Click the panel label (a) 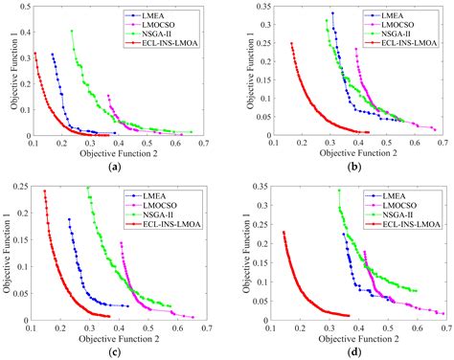[x=114, y=166]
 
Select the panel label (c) [x=114, y=351]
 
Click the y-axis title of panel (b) [x=240, y=73]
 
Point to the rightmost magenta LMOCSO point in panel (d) [x=443, y=314]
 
